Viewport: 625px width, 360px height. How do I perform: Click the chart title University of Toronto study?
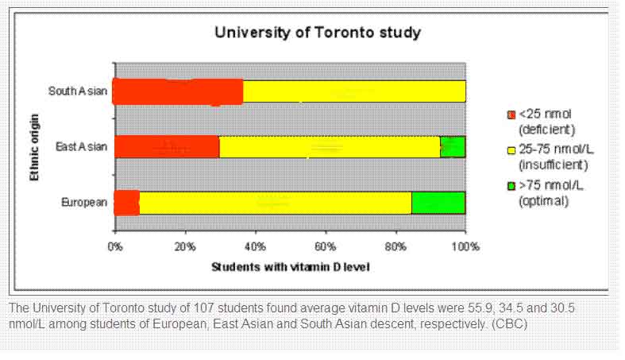point(317,33)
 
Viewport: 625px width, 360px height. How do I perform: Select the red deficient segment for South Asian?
point(178,91)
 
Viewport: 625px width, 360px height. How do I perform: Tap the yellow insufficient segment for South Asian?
point(353,91)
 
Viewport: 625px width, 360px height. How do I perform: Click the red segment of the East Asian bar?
point(167,147)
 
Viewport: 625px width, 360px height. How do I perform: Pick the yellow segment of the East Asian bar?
point(329,147)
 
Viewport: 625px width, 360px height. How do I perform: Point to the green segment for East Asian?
point(453,147)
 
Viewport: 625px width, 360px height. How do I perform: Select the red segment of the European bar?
point(127,203)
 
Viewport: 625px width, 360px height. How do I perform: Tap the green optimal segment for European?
point(438,203)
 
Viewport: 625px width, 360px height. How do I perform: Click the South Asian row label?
point(78,91)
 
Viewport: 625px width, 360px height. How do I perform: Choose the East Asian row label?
point(82,147)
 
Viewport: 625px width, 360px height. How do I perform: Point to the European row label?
point(84,203)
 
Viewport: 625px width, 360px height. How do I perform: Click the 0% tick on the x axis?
point(115,246)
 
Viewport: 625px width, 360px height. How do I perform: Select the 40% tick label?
point(256,246)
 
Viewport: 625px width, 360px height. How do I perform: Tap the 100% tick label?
point(465,246)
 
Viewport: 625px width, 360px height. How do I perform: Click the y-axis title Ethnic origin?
point(36,148)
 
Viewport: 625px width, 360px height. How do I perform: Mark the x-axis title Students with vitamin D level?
point(290,266)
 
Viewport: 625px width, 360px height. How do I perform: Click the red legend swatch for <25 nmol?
point(511,116)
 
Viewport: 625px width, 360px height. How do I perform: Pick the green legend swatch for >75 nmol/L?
point(511,187)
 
